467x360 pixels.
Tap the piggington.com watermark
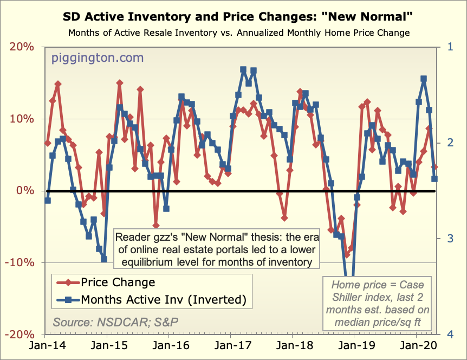[98, 57]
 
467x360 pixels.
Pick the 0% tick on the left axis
[25, 191]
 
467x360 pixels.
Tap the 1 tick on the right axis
[451, 47]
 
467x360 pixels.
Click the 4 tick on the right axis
[451, 335]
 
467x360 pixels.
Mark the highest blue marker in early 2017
[243, 70]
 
